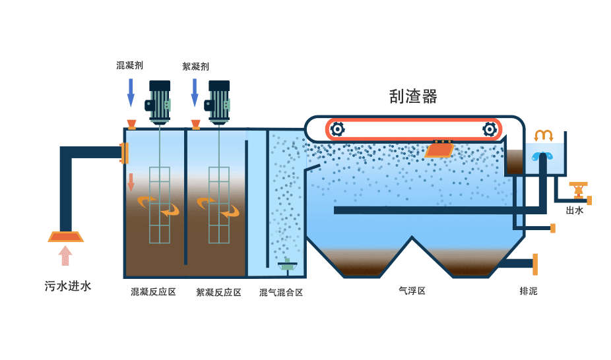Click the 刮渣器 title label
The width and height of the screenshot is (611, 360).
click(x=413, y=97)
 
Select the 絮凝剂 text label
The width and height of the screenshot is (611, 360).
click(x=195, y=66)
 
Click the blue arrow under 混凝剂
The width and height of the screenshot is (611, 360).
click(x=131, y=92)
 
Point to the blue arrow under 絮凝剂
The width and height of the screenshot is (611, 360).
click(x=195, y=92)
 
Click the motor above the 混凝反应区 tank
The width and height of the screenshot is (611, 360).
click(x=160, y=102)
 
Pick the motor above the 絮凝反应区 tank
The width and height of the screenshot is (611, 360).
click(x=219, y=102)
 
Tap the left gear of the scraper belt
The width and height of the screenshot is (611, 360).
click(x=337, y=129)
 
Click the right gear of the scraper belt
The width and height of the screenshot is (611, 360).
click(x=489, y=129)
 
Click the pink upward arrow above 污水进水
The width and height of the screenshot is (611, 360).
click(x=65, y=255)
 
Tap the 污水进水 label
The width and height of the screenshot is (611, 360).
click(x=67, y=286)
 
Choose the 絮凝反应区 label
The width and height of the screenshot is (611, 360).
click(x=218, y=292)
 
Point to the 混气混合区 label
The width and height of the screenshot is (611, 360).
click(x=281, y=292)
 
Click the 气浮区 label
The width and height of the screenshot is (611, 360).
click(x=412, y=290)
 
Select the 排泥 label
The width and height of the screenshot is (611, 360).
click(x=529, y=290)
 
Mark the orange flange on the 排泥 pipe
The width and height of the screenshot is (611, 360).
click(x=535, y=264)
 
